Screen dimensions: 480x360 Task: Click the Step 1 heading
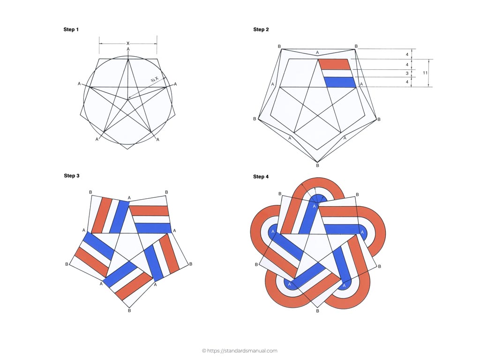click(71, 30)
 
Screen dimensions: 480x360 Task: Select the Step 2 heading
click(261, 30)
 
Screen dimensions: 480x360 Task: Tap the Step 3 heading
click(72, 175)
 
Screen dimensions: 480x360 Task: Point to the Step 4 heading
click(261, 177)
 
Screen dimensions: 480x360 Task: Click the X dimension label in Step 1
click(128, 44)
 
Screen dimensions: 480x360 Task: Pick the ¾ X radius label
click(155, 79)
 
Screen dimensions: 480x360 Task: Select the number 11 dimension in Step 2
click(425, 73)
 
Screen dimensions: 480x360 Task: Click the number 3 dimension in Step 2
click(407, 74)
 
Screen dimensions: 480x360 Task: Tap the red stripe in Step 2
click(334, 64)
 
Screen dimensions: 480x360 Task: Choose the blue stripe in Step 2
click(340, 82)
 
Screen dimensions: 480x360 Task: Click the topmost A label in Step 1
click(128, 49)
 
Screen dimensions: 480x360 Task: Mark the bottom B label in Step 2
click(317, 165)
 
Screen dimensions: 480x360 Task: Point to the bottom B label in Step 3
click(129, 310)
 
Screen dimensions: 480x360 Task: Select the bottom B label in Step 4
click(317, 311)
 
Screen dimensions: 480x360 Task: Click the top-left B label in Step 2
click(279, 46)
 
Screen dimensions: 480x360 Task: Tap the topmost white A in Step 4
click(314, 206)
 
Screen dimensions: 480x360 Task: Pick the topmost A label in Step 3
click(129, 198)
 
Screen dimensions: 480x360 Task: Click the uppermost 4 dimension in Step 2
click(407, 54)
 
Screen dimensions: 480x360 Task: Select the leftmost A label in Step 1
click(79, 83)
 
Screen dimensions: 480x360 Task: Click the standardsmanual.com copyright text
click(240, 351)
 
